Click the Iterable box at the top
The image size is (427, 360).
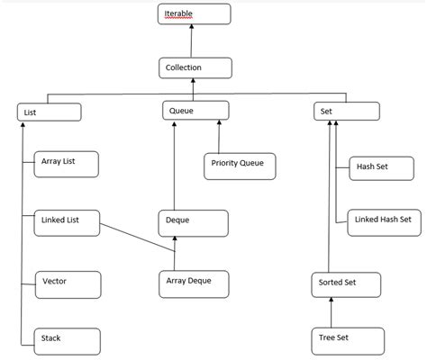[x=194, y=14]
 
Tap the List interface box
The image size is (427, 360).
[x=49, y=112]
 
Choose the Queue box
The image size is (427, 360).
[x=195, y=111]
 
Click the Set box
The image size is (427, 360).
[x=345, y=112]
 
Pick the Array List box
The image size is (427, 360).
[x=66, y=163]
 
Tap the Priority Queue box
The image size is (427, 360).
[x=239, y=166]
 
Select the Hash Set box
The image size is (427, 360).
[x=380, y=168]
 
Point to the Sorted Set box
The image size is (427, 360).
[x=346, y=283]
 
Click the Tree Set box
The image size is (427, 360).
[x=346, y=340]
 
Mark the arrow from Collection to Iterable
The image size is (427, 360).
[x=193, y=41]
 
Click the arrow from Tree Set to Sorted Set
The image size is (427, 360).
[x=332, y=311]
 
